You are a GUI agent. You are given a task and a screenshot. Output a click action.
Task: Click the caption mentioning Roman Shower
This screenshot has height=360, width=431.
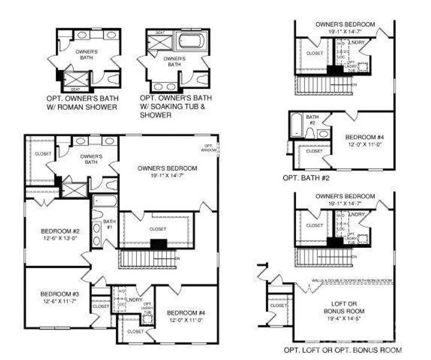[x=81, y=103]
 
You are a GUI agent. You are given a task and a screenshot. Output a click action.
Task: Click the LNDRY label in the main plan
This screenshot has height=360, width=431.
[x=136, y=299]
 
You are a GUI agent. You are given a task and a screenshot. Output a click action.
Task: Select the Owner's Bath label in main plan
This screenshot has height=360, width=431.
[x=91, y=159]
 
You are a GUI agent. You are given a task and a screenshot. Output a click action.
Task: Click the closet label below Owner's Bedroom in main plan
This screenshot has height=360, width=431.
[x=158, y=229]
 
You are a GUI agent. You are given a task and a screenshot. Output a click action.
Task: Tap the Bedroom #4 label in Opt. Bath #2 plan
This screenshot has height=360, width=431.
[x=360, y=137]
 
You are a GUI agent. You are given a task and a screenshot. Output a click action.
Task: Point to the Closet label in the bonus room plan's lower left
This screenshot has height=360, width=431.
[x=279, y=305]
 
